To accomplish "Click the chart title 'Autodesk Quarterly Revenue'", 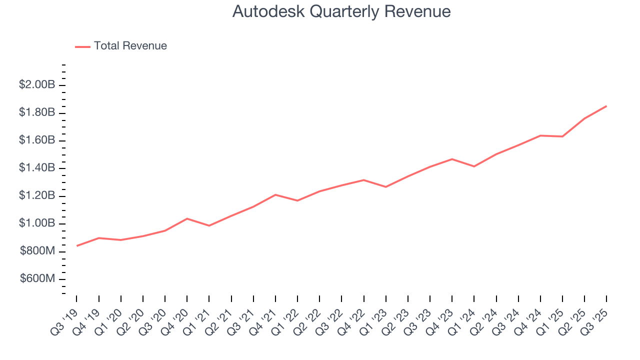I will coord(341,12).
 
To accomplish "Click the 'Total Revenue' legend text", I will coord(130,46).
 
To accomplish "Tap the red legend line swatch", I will coord(82,46).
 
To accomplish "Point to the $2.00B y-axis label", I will coord(37,85).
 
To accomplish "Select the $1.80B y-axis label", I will coord(37,112).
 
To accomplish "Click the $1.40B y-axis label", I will coord(37,168).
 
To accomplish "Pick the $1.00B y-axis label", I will coord(37,223).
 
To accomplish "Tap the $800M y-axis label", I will coord(37,251).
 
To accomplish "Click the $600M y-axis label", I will coord(37,278).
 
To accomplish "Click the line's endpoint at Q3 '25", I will coord(606,106).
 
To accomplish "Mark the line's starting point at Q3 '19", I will coord(76,246).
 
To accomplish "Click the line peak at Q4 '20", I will coord(187,218).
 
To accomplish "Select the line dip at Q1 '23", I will coord(385,187).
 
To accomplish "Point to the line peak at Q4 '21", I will coord(275,194).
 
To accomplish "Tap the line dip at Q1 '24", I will coord(474,166).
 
